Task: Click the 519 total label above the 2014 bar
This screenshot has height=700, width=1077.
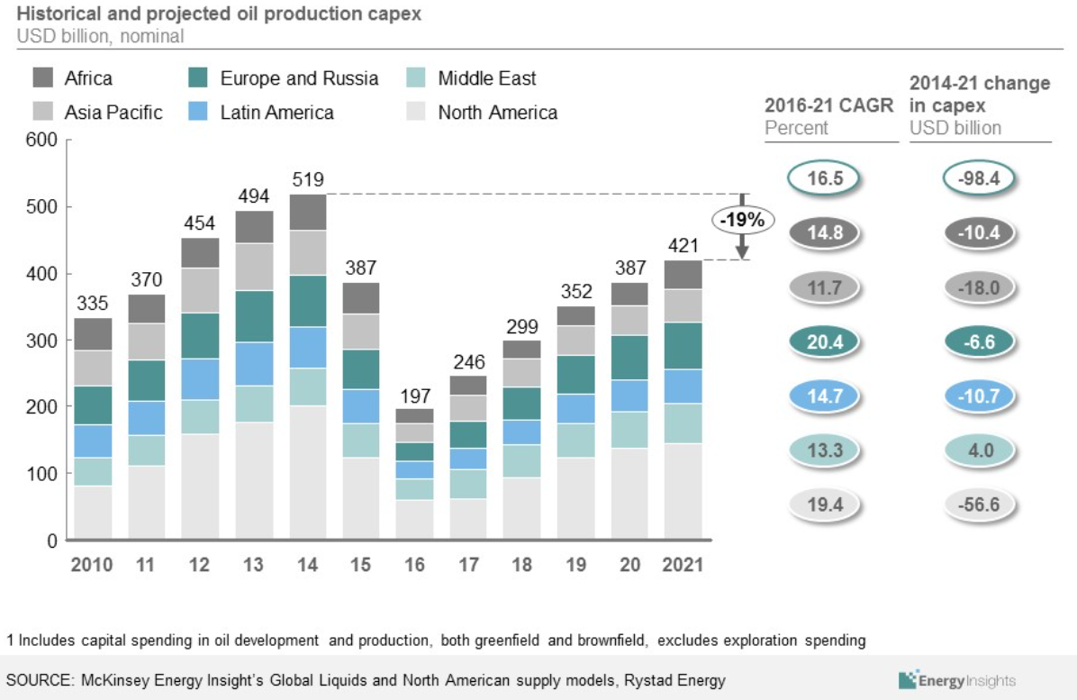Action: (x=307, y=178)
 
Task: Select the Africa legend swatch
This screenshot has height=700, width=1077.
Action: (x=44, y=78)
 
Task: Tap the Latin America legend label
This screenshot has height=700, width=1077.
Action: (x=276, y=113)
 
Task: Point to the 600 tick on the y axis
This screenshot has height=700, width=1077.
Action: (x=41, y=140)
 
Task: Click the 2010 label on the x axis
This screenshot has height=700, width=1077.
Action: (x=92, y=566)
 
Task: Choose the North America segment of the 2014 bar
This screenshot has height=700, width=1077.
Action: (x=307, y=473)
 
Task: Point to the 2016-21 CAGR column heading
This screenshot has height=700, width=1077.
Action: (x=828, y=105)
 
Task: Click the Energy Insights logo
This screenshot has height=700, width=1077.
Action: (x=956, y=680)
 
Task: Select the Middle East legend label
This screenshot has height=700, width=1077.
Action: (x=486, y=78)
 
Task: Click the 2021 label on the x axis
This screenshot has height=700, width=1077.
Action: (x=683, y=566)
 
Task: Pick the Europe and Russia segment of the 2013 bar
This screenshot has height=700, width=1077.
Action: (x=254, y=316)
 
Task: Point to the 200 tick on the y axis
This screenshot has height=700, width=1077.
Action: (x=41, y=407)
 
